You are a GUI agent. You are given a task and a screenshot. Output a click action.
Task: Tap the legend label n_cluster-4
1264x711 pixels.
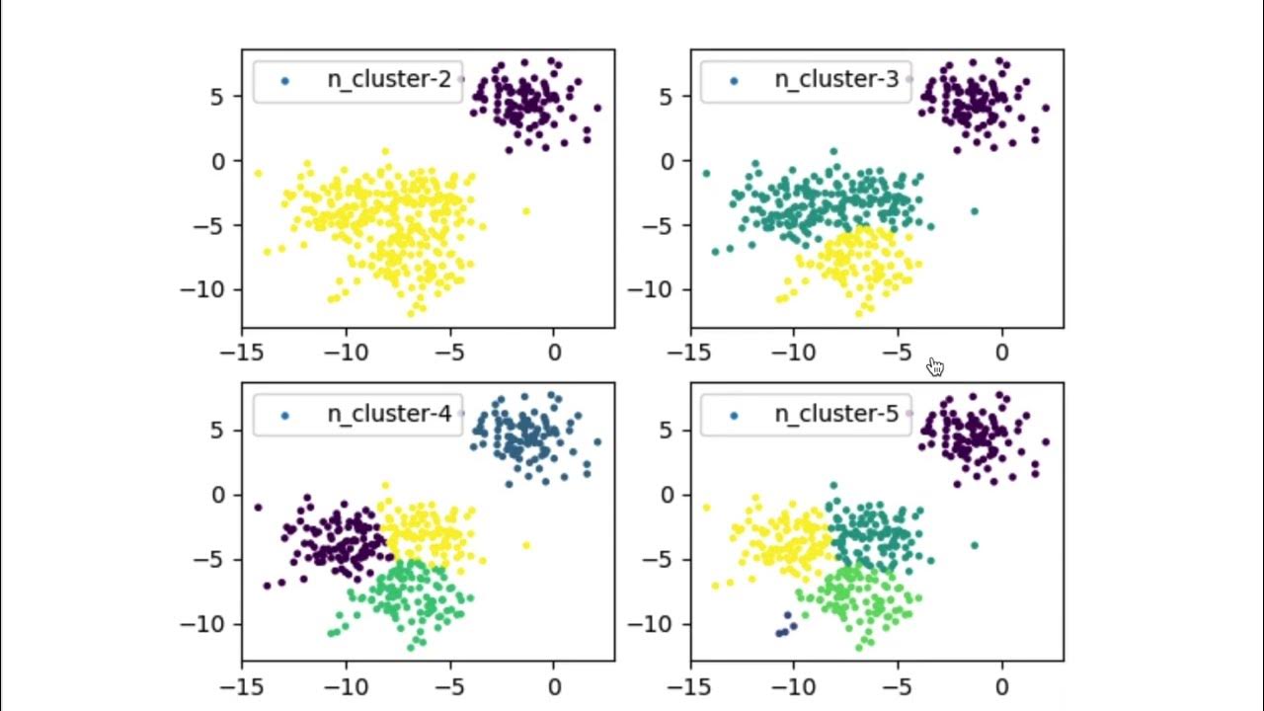[389, 415]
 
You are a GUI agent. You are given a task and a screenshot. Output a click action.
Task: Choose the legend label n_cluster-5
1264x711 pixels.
[836, 415]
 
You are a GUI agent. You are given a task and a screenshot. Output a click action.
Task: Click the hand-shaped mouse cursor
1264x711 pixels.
[935, 367]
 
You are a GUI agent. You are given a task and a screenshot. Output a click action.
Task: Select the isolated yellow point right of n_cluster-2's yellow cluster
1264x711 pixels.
[525, 211]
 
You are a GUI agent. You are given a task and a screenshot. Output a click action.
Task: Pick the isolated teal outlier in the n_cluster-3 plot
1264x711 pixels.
[974, 211]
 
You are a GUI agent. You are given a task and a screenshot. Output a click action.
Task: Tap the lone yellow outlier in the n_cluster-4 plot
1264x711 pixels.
[525, 545]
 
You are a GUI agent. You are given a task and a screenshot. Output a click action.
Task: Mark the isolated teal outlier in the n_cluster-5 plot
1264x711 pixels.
[974, 545]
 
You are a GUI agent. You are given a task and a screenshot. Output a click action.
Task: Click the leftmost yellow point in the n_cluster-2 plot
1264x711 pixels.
[258, 173]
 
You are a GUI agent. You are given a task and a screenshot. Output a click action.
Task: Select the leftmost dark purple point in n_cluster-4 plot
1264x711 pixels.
[258, 507]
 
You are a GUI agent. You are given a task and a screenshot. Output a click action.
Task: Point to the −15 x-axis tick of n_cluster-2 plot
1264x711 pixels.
[242, 353]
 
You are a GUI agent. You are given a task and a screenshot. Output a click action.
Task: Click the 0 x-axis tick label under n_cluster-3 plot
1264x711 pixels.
[1001, 353]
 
